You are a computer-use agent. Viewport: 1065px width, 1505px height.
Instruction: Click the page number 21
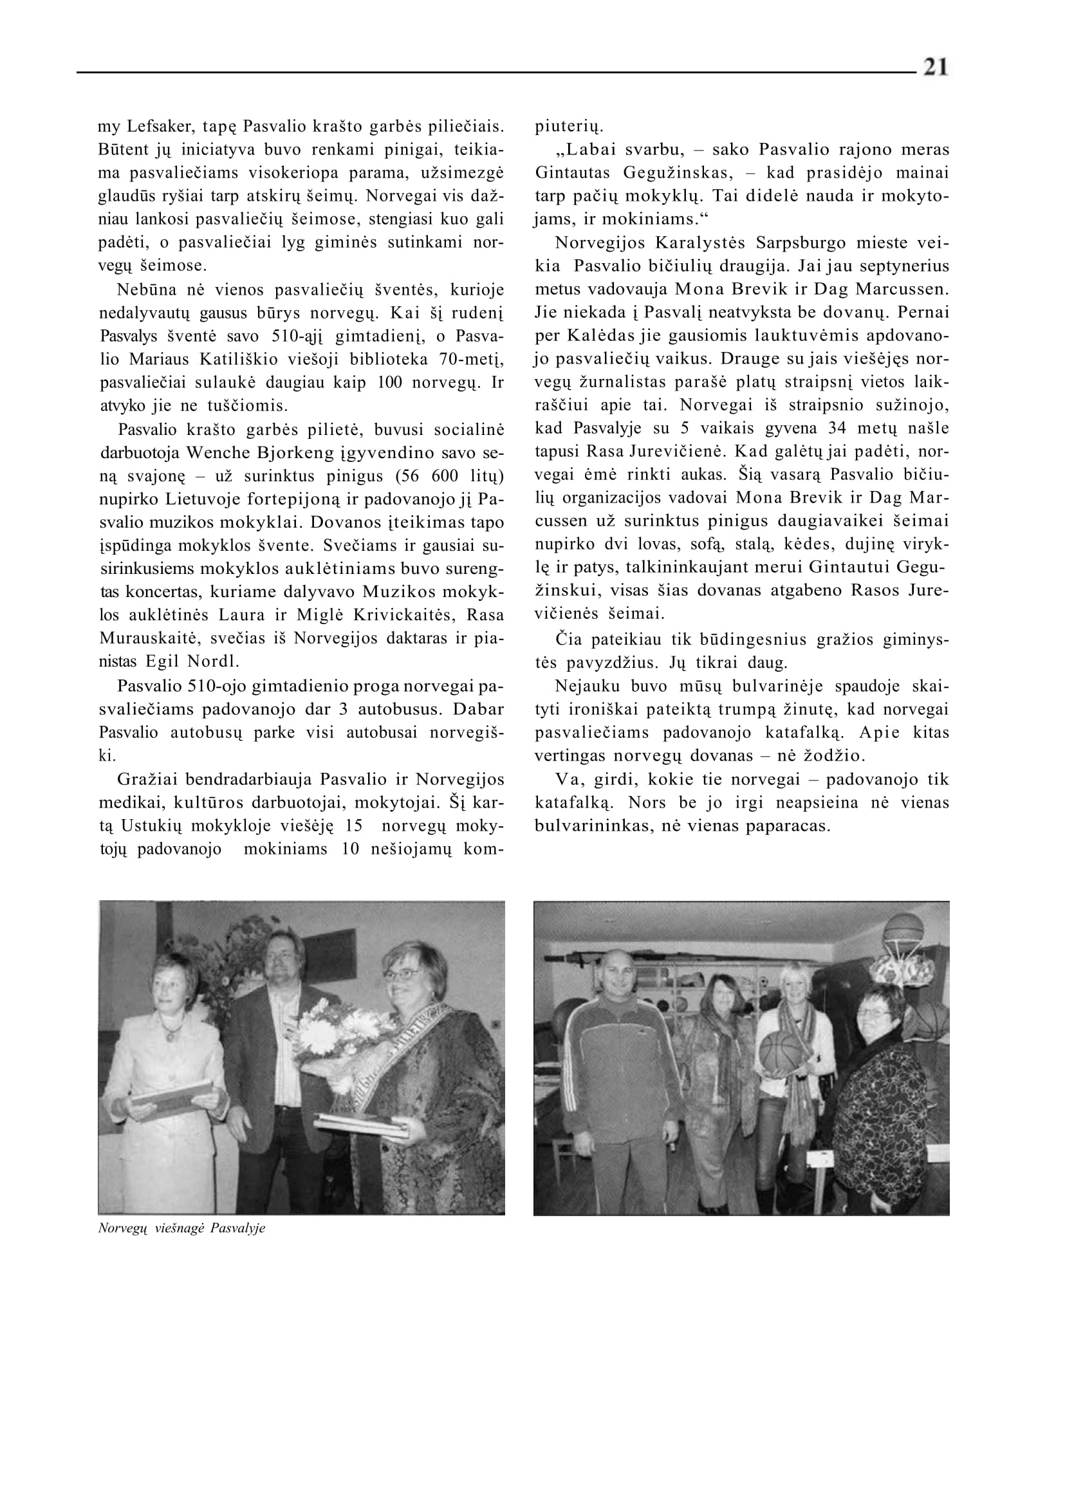935,68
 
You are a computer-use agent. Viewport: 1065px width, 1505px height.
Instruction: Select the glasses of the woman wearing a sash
401,974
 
